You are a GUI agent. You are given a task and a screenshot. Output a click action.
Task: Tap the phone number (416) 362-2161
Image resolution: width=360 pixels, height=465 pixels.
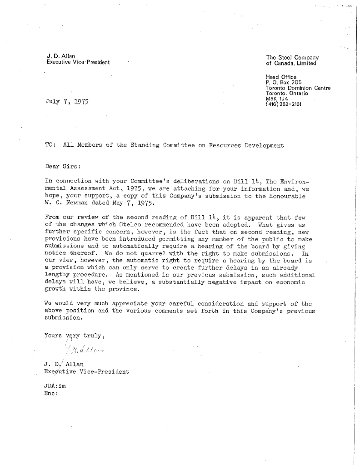[283, 104]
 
